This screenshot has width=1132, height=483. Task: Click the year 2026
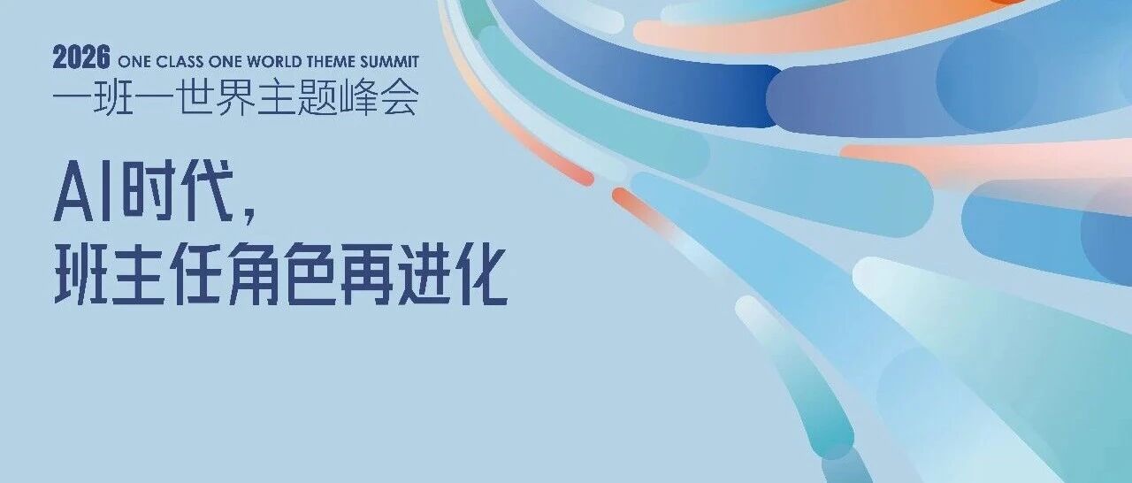pyautogui.click(x=81, y=57)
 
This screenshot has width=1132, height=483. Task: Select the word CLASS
pyautogui.click(x=179, y=62)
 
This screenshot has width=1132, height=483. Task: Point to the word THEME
pyautogui.click(x=331, y=62)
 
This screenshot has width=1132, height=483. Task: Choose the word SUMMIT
pyautogui.click(x=390, y=62)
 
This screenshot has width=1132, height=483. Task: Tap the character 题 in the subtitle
pyautogui.click(x=317, y=96)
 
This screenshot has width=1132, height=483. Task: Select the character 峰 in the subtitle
pyautogui.click(x=357, y=96)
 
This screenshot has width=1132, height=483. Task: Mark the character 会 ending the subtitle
pyautogui.click(x=398, y=96)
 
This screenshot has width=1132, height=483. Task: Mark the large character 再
pyautogui.click(x=367, y=273)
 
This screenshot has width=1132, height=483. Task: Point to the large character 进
pyautogui.click(x=424, y=273)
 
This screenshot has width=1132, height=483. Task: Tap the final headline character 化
pyautogui.click(x=480, y=273)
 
